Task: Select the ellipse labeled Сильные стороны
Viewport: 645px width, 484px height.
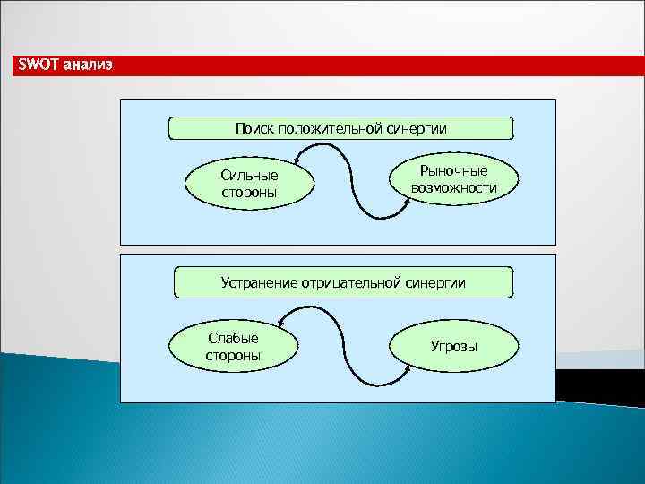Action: point(249,184)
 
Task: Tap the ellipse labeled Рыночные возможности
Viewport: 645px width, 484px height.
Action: point(453,179)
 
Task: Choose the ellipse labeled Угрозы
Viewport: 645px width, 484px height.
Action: point(453,346)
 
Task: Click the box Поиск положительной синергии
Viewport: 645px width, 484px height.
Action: point(340,128)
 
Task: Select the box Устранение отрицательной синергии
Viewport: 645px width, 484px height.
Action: point(343,282)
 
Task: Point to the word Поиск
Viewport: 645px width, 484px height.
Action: point(254,128)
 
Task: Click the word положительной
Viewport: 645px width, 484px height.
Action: point(331,128)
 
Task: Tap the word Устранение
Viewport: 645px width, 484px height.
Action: point(259,282)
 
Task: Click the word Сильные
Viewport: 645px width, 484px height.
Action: point(249,176)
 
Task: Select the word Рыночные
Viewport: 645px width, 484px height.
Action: point(453,171)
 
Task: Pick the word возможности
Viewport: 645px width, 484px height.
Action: point(453,188)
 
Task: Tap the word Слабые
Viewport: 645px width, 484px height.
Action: point(233,338)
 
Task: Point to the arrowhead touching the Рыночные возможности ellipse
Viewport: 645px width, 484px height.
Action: point(408,200)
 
